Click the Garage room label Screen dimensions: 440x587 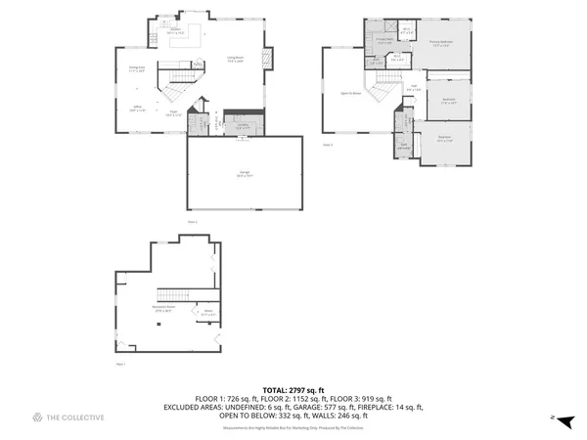(x=244, y=174)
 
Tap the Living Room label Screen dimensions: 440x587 (x=235, y=59)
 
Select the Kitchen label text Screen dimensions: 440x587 (x=177, y=31)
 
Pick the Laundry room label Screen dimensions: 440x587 (x=242, y=125)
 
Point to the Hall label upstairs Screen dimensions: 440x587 (x=414, y=89)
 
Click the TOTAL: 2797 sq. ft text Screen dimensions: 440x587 (x=293, y=389)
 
